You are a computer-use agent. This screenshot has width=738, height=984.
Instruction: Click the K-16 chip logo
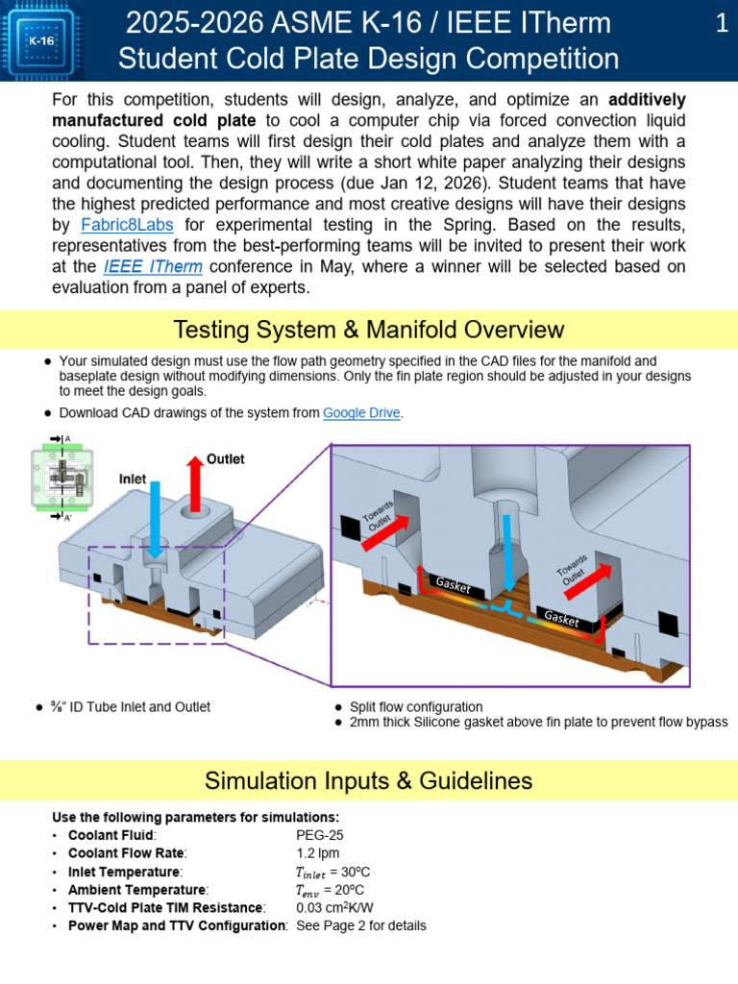coord(41,40)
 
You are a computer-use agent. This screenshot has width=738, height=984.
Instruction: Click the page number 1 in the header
coord(722,23)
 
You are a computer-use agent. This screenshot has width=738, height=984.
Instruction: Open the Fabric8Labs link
coord(127,225)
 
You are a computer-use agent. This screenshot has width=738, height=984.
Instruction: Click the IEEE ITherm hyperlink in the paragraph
coord(153,266)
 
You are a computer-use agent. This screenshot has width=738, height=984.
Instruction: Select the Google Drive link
coord(361,413)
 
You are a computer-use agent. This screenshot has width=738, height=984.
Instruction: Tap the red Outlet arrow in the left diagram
coord(195,484)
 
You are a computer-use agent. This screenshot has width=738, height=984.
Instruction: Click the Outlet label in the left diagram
coord(225,459)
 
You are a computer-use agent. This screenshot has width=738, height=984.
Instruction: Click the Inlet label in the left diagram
coord(133,479)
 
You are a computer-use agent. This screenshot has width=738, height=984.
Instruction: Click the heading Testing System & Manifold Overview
coord(369,330)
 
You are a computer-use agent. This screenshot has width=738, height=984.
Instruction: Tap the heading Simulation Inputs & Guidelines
coord(368,780)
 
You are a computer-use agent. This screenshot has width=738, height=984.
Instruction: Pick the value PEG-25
coord(320,835)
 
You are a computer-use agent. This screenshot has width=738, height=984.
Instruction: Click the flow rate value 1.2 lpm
coord(317,853)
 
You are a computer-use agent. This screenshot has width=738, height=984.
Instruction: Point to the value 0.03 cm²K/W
coord(334,907)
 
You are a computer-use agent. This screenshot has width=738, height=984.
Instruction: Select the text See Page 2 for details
coord(361,925)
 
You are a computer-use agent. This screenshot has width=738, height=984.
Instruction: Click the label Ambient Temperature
coord(136,890)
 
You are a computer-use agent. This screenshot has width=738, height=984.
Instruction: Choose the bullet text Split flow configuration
coord(416,707)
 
